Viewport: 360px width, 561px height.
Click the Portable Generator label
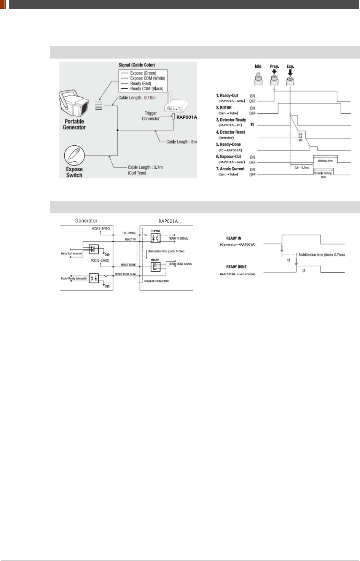coord(74,124)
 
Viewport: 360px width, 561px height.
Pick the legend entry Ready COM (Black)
coord(147,89)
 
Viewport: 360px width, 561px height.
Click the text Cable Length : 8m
coord(182,142)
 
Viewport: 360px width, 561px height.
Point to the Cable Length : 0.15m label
coord(137,98)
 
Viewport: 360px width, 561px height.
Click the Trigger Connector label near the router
coord(151,116)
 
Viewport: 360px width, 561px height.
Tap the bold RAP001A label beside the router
coord(187,117)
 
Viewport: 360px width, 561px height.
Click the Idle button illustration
coord(258,78)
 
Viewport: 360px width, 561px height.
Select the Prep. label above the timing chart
coord(274,67)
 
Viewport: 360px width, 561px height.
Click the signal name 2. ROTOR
coord(224,108)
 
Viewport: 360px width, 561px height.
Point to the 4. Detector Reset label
coord(231,132)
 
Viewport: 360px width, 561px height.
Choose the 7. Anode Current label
coord(230,169)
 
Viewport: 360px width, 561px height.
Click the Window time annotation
coord(325,161)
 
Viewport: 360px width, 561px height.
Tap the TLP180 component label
coord(155,231)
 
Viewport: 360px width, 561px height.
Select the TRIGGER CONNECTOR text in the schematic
coord(156,281)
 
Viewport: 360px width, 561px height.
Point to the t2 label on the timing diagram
coord(304,270)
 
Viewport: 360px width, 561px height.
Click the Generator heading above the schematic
coord(86,221)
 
